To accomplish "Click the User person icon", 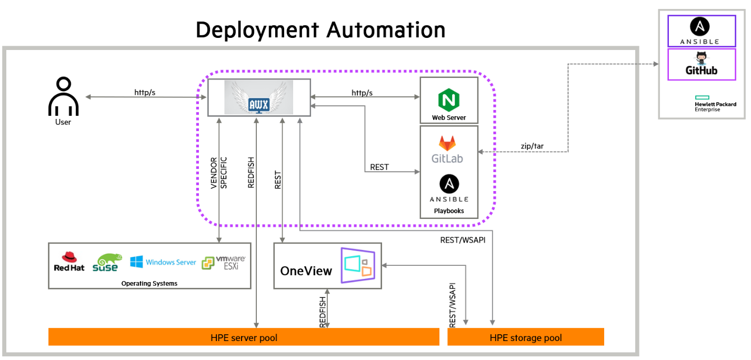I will point(63,97).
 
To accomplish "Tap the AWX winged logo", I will point(258,97).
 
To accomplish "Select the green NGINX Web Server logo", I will point(449,99).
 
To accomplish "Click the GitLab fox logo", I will point(447,144).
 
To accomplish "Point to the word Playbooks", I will point(449,211).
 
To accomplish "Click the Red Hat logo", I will point(69,262).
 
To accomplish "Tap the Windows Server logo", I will point(163,262).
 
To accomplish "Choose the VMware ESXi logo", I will point(223,262).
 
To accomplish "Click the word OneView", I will point(306,271).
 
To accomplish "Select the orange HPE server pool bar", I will point(244,337).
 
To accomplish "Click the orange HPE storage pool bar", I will point(525,337).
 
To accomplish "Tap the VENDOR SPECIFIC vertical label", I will point(218,173).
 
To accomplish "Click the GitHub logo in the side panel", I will point(701,64).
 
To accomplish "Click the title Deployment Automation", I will point(321,30).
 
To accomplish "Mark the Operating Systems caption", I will point(149,283).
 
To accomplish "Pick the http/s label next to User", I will point(145,92).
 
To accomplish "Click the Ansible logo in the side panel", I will point(701,31).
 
